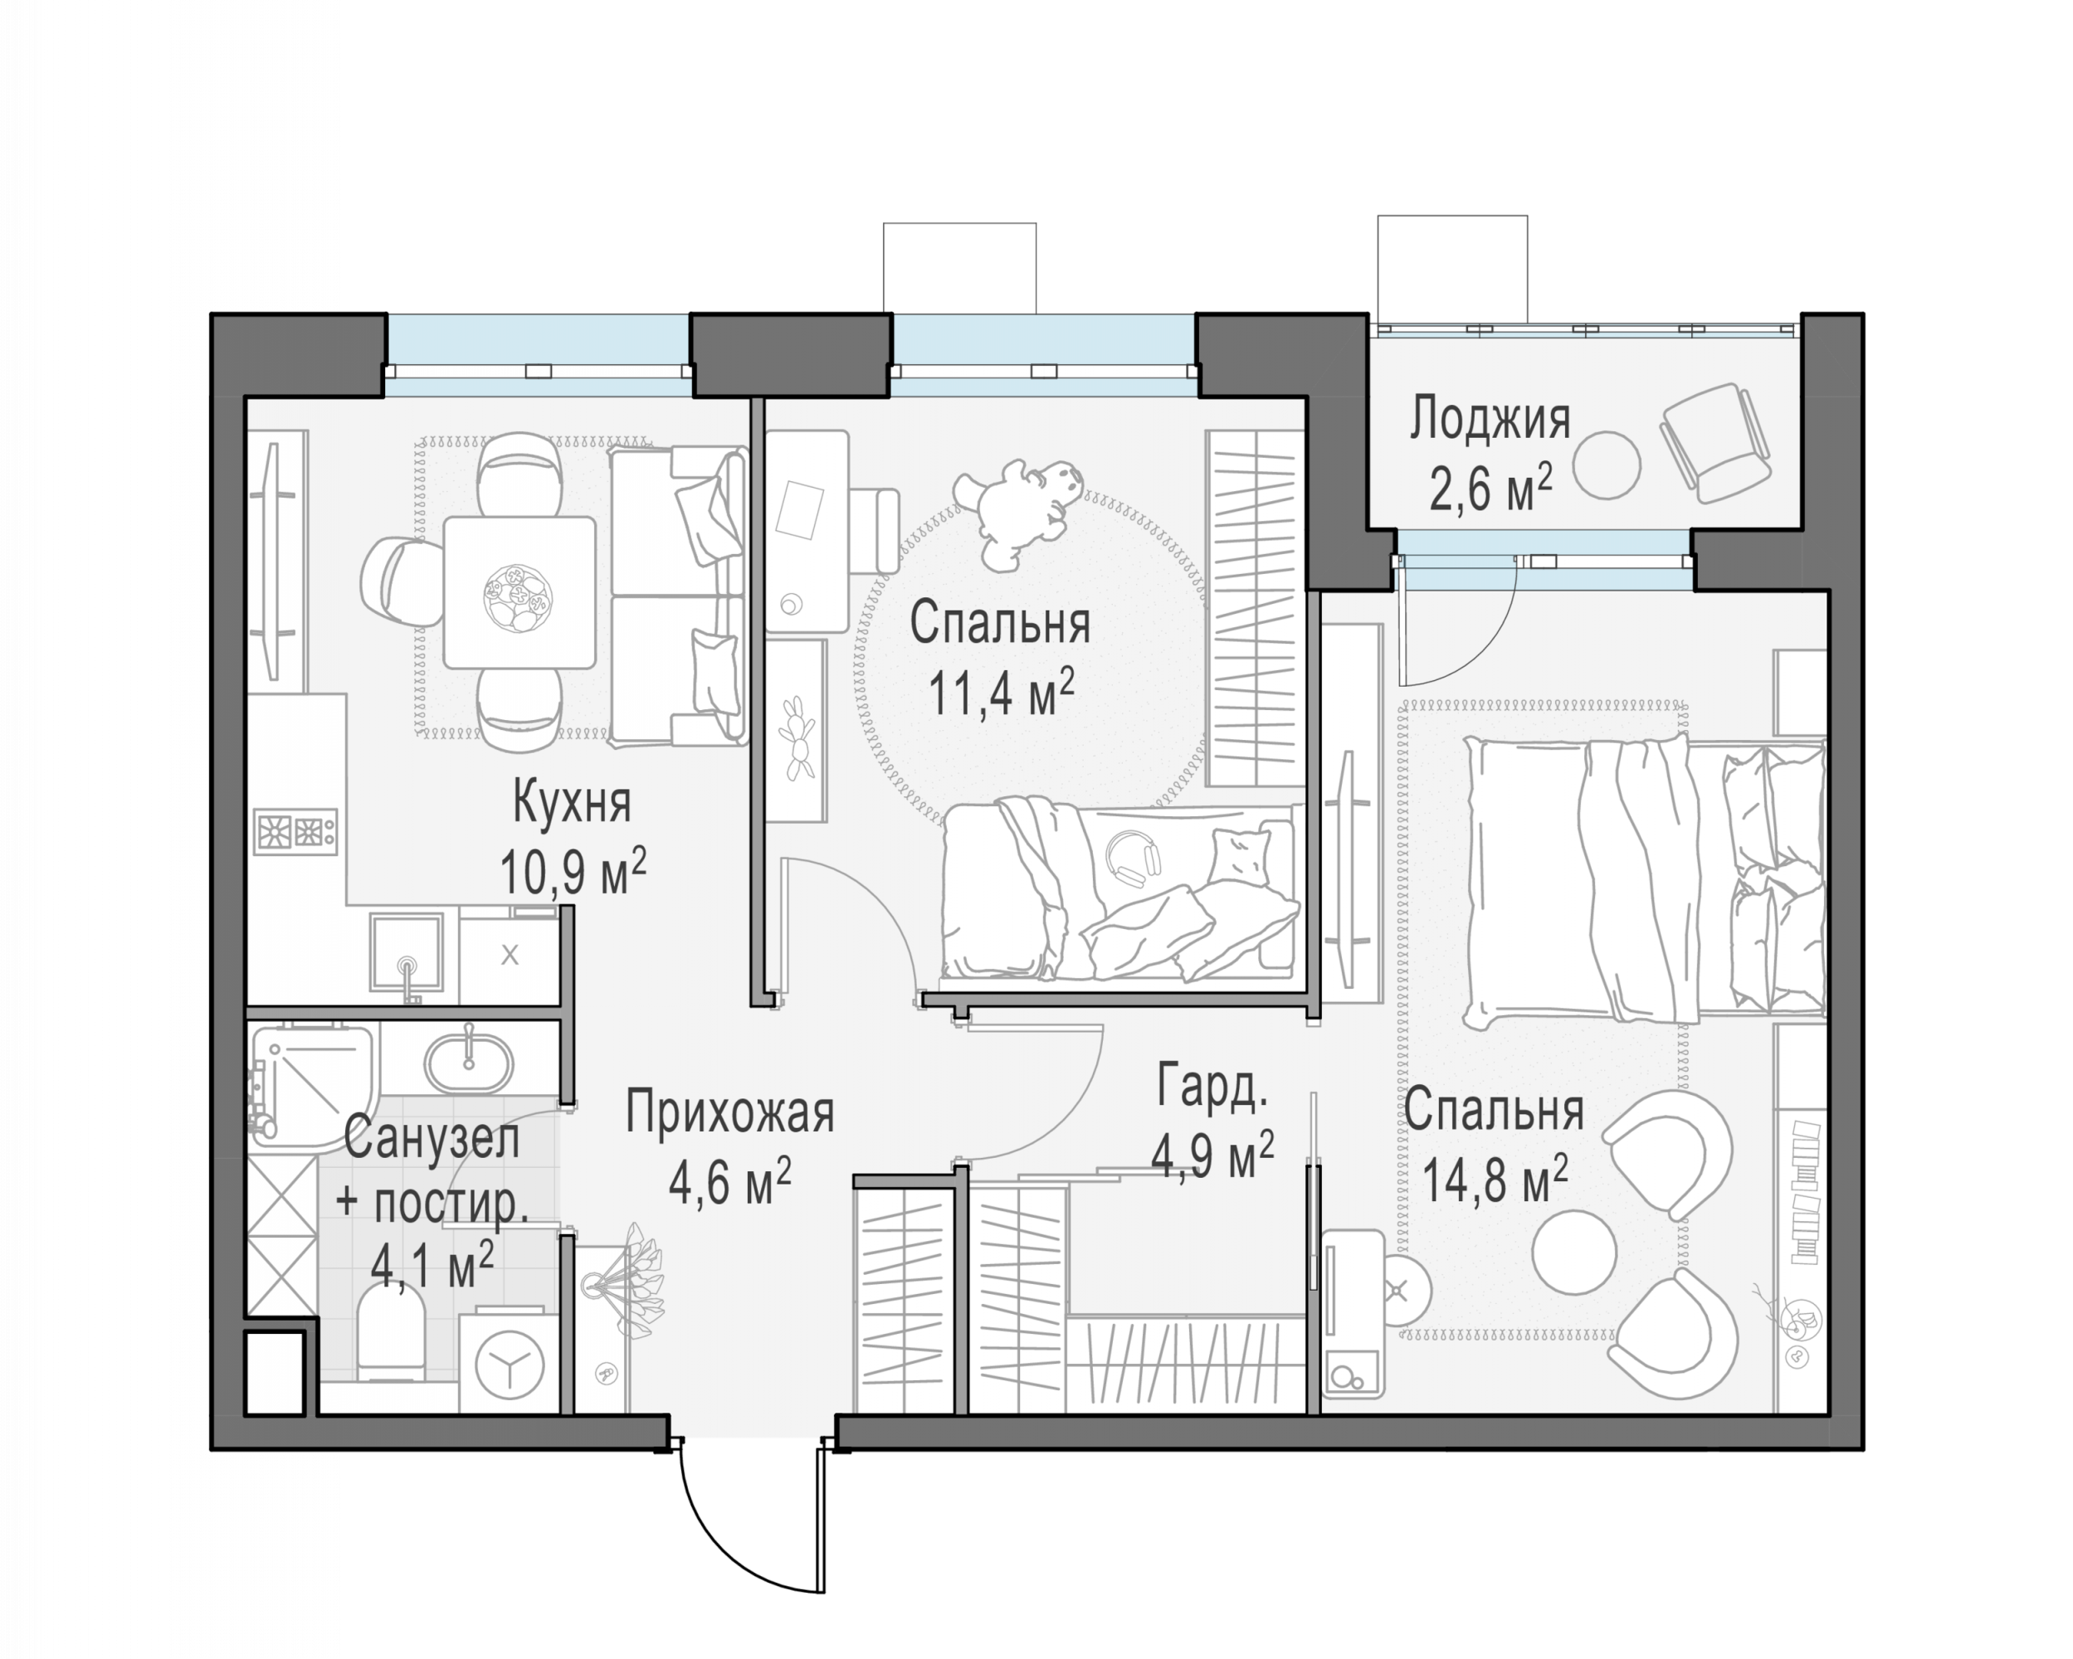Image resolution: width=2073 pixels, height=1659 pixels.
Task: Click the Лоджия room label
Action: point(1490,420)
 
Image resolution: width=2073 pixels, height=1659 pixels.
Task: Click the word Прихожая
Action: point(729,1113)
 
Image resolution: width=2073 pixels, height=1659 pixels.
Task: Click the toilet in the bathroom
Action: point(390,1332)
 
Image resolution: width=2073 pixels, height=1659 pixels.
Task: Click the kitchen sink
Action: point(407,951)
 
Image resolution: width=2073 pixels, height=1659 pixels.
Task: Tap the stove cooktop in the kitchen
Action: point(295,830)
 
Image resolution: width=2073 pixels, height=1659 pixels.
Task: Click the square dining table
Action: point(519,592)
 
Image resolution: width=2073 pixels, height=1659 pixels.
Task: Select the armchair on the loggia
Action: point(1716,441)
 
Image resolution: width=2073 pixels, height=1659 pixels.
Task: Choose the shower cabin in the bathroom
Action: point(310,1080)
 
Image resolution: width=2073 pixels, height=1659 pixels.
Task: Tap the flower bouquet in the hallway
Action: point(632,1279)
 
